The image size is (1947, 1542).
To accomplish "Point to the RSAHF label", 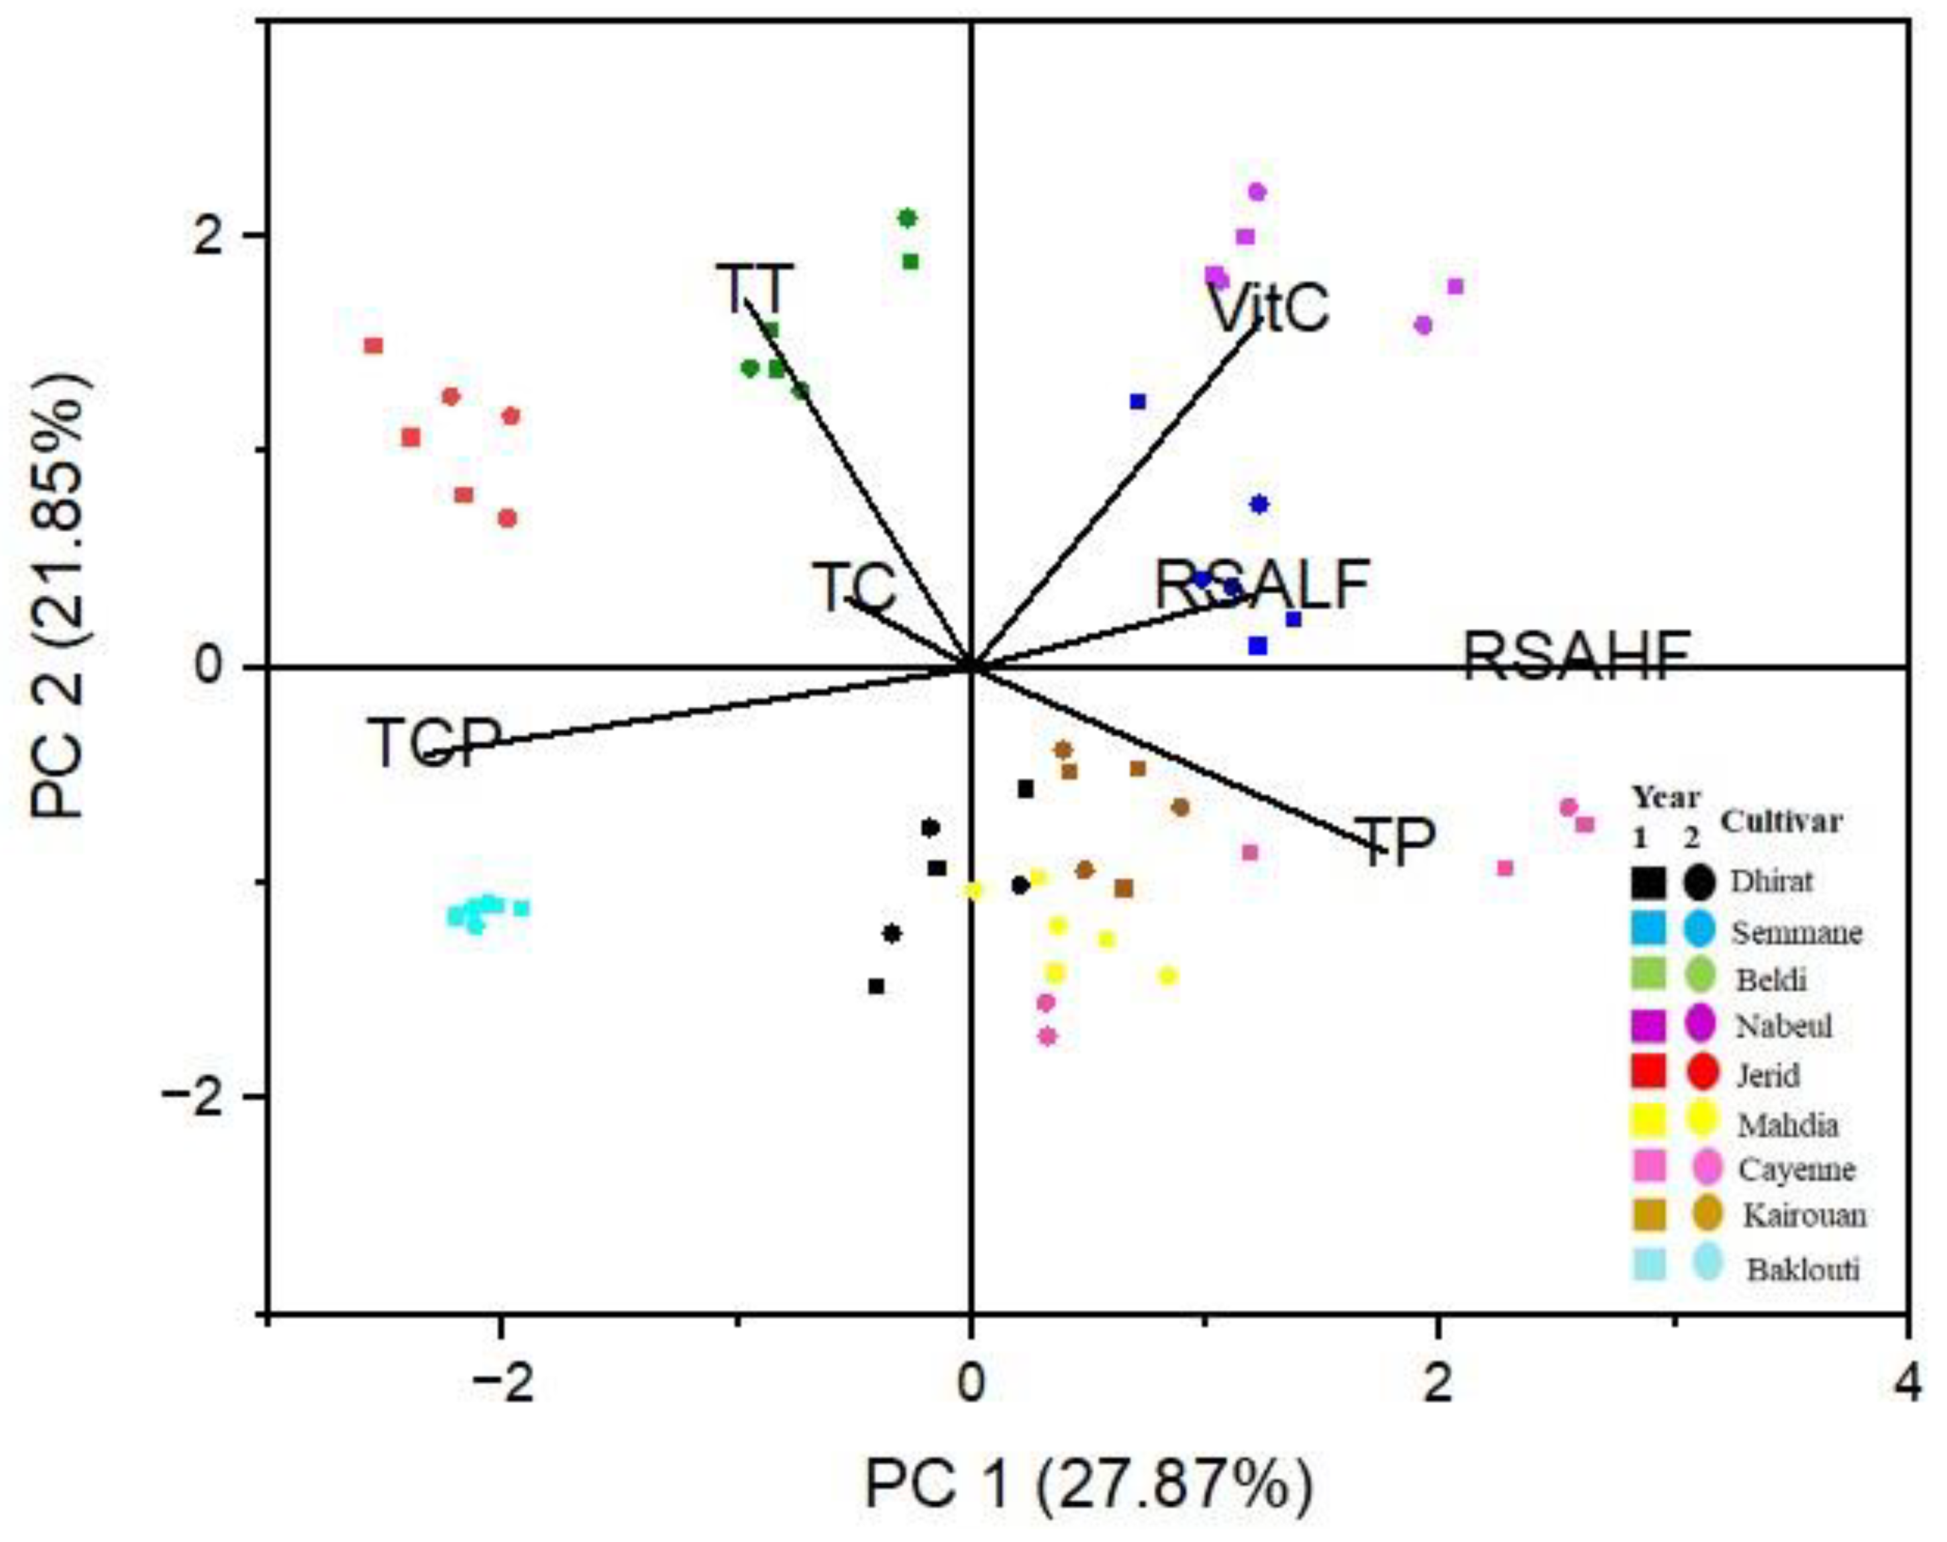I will coord(1576,656).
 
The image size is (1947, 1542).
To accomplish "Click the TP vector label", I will coord(1395,841).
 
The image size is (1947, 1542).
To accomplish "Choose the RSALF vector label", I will coord(1263,584).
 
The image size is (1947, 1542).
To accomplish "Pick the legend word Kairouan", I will coord(1803,1216).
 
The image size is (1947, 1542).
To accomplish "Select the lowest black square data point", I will coord(876,986).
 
